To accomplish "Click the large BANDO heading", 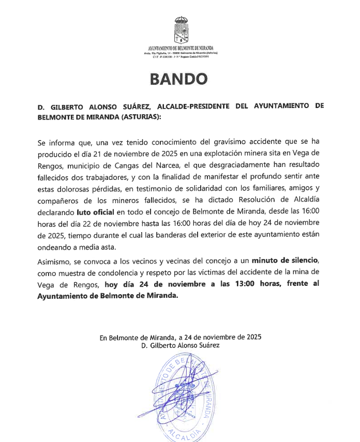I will pos(178,79).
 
